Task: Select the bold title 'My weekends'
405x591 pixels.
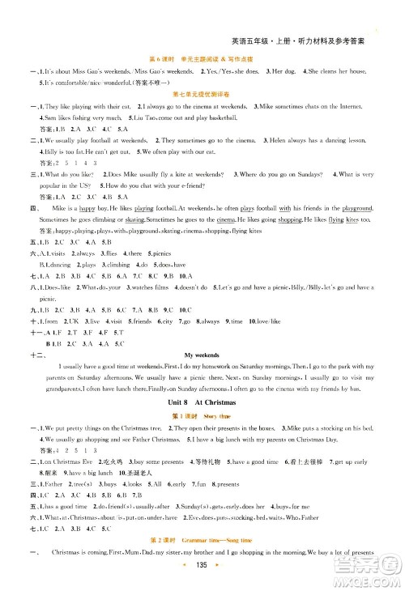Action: click(x=202, y=355)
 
